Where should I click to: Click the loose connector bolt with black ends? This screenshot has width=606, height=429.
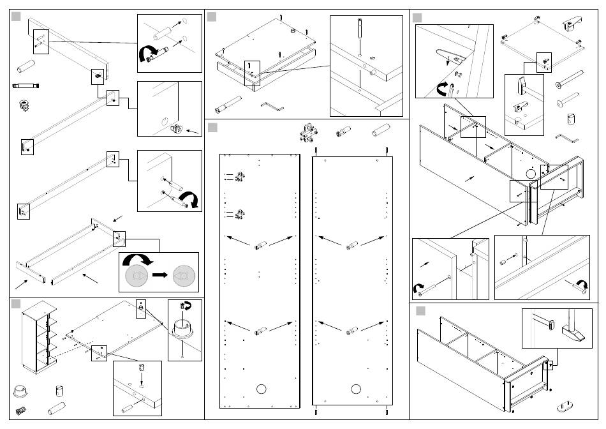[26, 85]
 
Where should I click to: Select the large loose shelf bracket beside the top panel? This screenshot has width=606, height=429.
[570, 24]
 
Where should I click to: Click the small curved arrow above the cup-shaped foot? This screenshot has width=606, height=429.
[184, 306]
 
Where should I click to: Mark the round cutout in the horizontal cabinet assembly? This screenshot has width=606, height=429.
[529, 173]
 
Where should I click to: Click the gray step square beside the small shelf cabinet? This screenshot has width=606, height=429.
[17, 304]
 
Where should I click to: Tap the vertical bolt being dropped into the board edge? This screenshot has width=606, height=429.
[360, 29]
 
